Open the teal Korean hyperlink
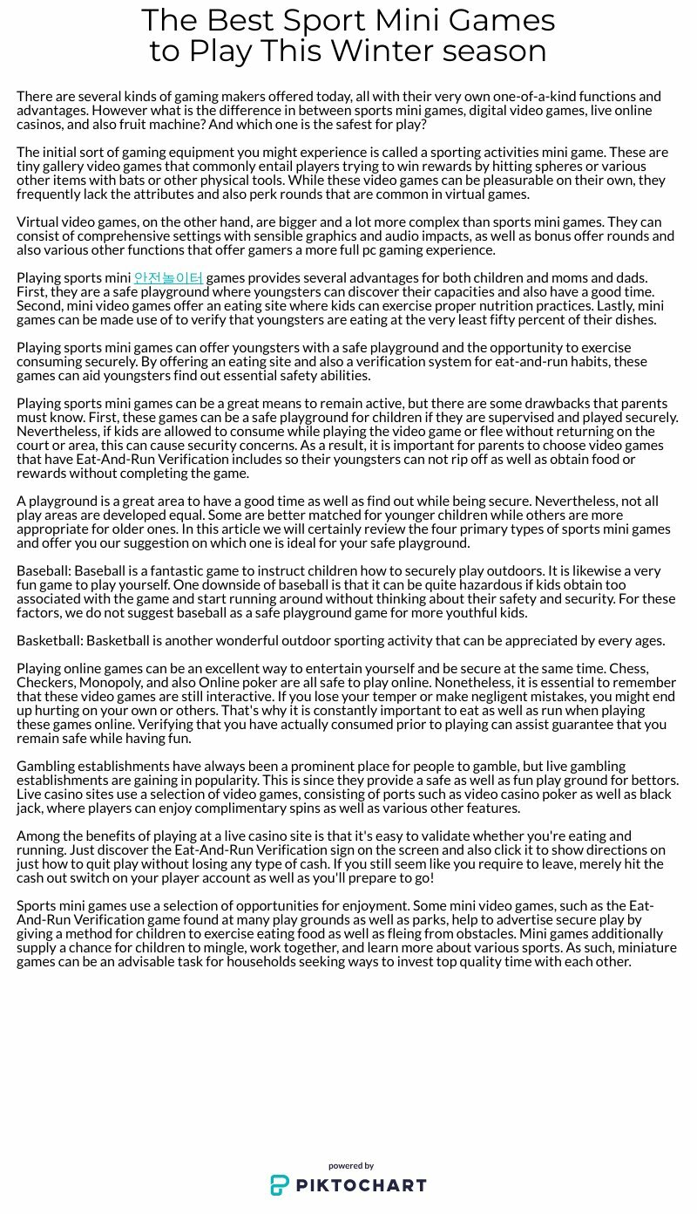(168, 278)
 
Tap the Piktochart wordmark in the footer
(360, 1185)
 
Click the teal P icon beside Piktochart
(280, 1185)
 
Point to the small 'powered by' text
(351, 1166)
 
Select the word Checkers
(45, 683)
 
